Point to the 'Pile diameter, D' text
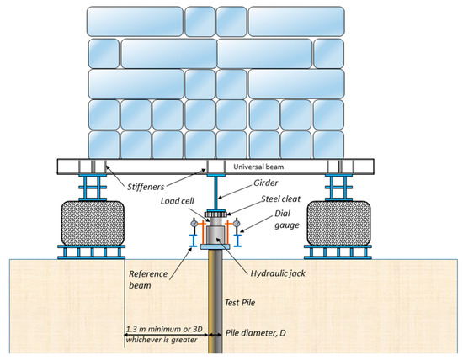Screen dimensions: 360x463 pos(262,333)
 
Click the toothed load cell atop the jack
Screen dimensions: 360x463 pos(215,216)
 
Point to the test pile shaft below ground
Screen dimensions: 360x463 pos(215,311)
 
